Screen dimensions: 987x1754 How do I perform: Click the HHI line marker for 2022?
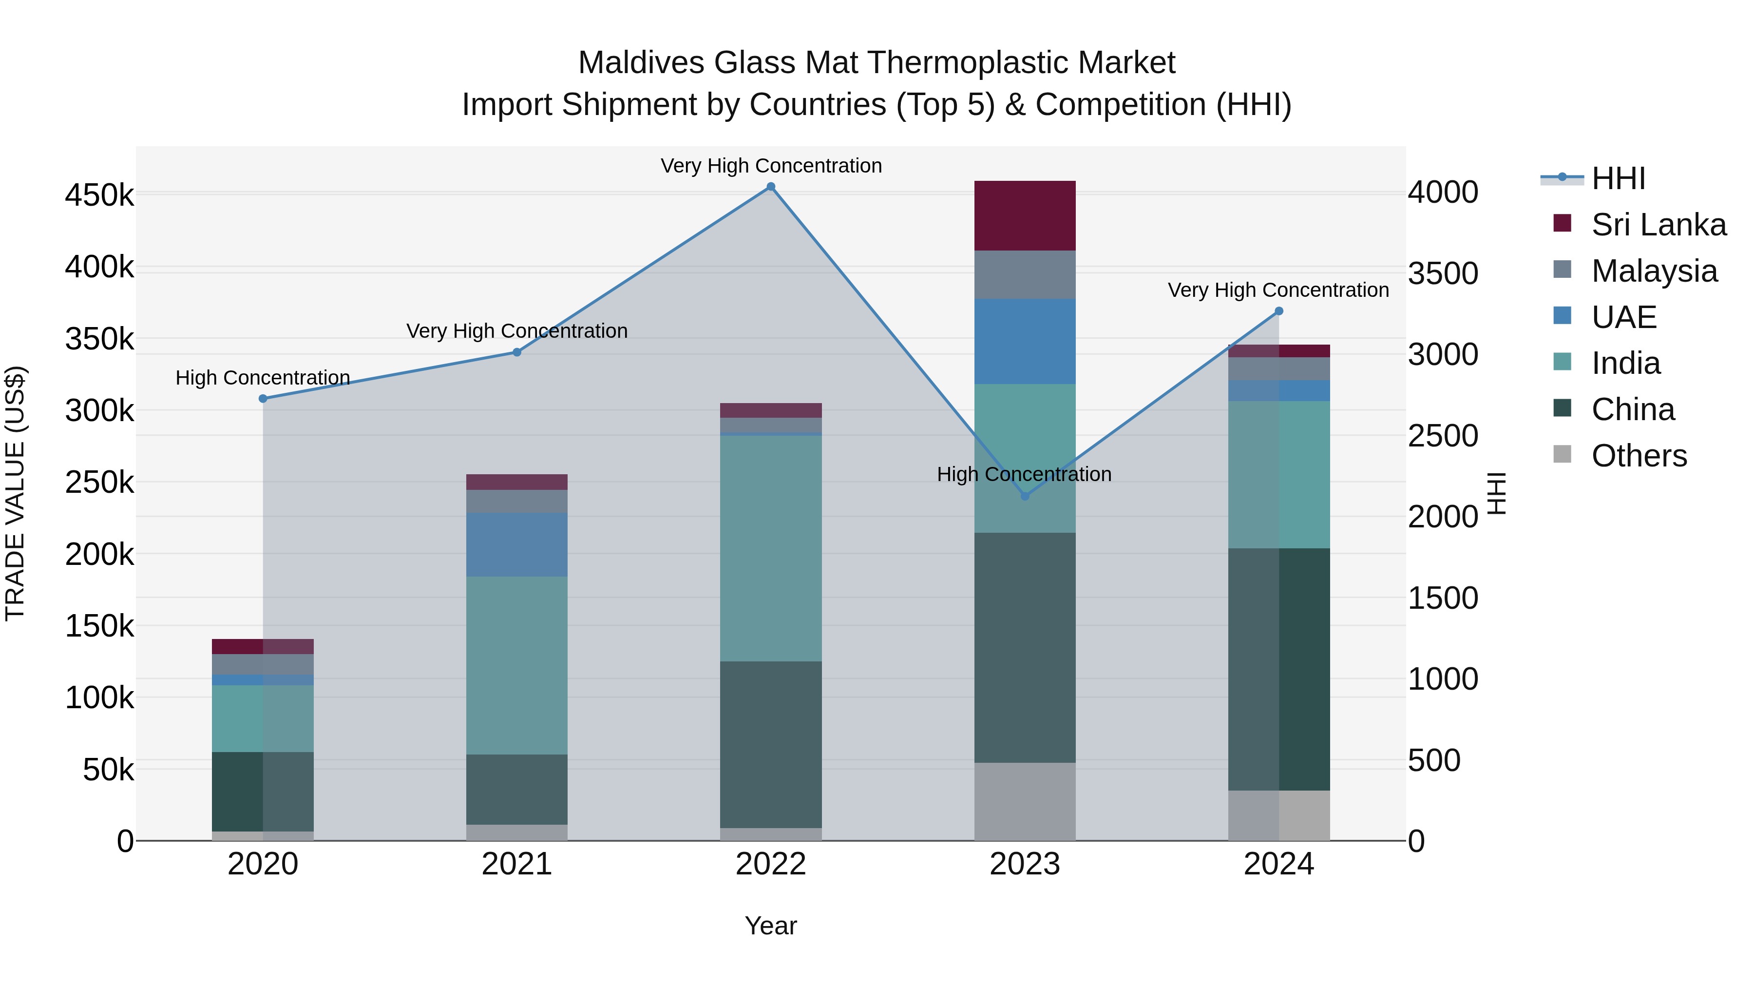(x=771, y=187)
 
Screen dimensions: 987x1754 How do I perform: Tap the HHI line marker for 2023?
(x=1025, y=496)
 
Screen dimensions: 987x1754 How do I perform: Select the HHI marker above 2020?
(x=263, y=399)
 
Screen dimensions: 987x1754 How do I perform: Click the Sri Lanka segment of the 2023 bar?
(x=1025, y=215)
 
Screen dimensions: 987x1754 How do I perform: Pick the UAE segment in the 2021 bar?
(x=517, y=545)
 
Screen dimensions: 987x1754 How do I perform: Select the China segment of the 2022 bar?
(x=771, y=744)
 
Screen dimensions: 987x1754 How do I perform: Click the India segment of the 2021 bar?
(x=517, y=665)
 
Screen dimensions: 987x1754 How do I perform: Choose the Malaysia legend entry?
(x=1654, y=271)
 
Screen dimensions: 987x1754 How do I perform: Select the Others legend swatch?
(x=1562, y=454)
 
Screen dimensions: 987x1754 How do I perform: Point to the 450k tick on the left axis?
(x=99, y=195)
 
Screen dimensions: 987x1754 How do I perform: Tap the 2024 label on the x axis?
(x=1278, y=864)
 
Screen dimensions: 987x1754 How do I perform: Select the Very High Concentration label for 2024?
(x=1278, y=290)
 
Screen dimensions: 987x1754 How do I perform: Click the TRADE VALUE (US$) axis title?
(x=15, y=493)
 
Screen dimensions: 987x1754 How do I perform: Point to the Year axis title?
(x=770, y=926)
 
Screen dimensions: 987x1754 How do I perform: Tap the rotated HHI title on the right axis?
(x=1496, y=493)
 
